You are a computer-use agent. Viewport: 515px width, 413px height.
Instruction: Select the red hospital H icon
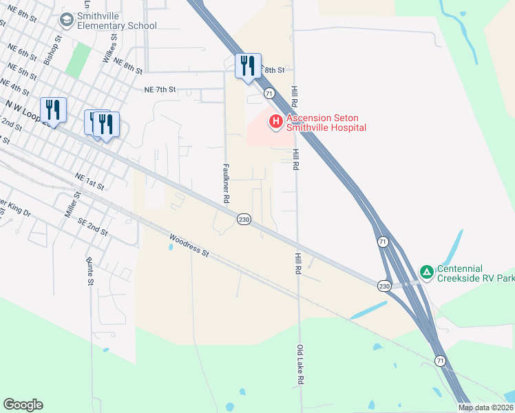[x=275, y=122]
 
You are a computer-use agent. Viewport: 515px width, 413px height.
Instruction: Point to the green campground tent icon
[x=427, y=272]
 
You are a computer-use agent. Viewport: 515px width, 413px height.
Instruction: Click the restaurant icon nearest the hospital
[x=248, y=65]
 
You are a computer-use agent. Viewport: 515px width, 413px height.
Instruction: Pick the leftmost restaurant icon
[x=53, y=109]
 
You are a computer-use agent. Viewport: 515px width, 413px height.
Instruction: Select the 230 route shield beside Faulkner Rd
[x=244, y=219]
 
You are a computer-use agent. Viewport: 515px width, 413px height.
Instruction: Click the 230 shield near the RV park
[x=384, y=285]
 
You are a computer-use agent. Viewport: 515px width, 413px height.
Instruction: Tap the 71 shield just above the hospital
[x=269, y=93]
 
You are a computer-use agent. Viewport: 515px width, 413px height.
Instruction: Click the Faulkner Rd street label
[x=226, y=182]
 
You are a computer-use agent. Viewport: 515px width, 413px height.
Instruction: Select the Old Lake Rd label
[x=300, y=365]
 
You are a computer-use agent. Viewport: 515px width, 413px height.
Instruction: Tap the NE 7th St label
[x=160, y=89]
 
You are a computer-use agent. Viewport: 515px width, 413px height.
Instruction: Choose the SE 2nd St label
[x=93, y=229]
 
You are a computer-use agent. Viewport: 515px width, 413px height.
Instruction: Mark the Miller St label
[x=72, y=205]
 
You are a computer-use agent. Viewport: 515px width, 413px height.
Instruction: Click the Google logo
[x=23, y=405]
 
